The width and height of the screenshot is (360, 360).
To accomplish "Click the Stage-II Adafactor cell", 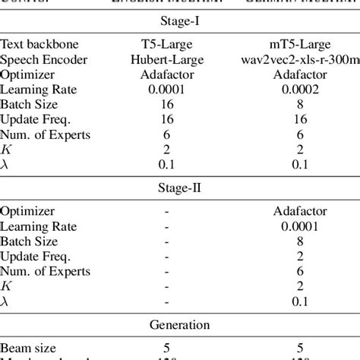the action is point(298,210).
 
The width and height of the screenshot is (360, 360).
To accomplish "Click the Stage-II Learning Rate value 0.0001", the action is point(298,225).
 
